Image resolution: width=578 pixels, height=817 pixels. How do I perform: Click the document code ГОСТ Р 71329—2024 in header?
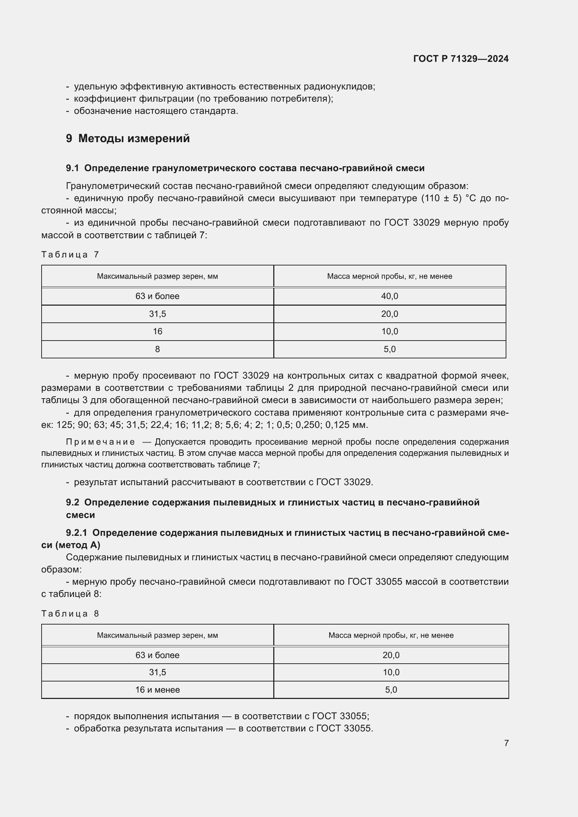pyautogui.click(x=461, y=59)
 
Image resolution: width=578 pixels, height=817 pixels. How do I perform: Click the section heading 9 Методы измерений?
pyautogui.click(x=128, y=138)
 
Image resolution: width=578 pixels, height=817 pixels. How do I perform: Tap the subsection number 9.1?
pyautogui.click(x=72, y=168)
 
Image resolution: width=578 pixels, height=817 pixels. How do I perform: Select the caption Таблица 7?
pyautogui.click(x=70, y=254)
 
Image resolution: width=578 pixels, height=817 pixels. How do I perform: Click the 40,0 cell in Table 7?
pyautogui.click(x=389, y=296)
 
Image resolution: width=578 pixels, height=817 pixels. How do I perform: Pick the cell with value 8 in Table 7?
pyautogui.click(x=157, y=349)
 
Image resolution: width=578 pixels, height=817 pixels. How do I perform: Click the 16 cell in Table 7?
pyautogui.click(x=157, y=331)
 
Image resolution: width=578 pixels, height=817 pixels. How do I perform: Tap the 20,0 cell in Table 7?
pyautogui.click(x=389, y=314)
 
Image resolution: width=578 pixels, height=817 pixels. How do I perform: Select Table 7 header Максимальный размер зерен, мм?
pyautogui.click(x=157, y=276)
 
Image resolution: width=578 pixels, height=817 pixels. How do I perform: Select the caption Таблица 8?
pyautogui.click(x=70, y=613)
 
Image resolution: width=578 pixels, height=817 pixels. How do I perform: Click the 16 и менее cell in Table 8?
pyautogui.click(x=157, y=690)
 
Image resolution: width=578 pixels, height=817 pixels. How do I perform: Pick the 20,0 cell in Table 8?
pyautogui.click(x=391, y=655)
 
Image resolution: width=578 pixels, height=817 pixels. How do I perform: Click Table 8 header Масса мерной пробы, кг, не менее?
pyautogui.click(x=391, y=635)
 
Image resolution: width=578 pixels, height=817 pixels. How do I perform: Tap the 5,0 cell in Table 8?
pyautogui.click(x=391, y=690)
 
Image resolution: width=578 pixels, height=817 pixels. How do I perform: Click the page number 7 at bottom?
pyautogui.click(x=506, y=743)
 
